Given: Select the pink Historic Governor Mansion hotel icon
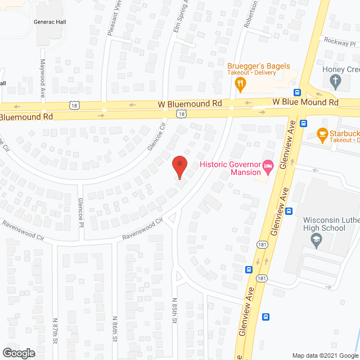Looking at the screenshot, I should (x=269, y=165).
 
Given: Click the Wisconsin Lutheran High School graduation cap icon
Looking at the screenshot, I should (x=316, y=240).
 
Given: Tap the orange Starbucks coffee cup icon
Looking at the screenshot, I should (x=322, y=133).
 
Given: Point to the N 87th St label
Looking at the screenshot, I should (x=56, y=327).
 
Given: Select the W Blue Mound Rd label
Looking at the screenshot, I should (x=305, y=102).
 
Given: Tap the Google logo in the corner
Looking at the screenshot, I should (x=18, y=353).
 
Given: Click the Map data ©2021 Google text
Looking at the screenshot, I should (x=323, y=355).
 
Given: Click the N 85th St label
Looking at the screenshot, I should (x=174, y=327).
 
